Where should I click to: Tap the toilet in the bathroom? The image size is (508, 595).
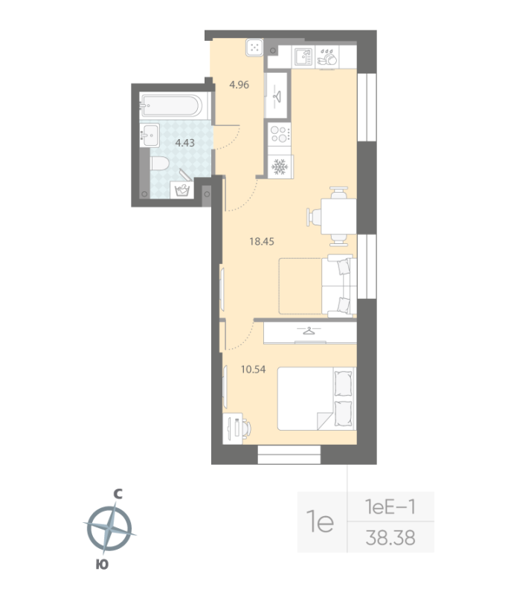(x=160, y=164)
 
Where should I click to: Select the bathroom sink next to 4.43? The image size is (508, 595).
(x=149, y=135)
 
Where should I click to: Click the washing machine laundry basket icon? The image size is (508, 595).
(x=182, y=190)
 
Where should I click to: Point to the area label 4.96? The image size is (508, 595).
(x=239, y=85)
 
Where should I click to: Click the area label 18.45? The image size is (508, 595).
(x=261, y=241)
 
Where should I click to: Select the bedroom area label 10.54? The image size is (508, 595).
(x=253, y=369)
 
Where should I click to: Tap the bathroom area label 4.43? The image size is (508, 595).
(x=184, y=143)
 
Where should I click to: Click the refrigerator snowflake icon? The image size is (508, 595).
(x=280, y=167)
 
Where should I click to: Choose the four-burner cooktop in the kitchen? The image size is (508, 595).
(x=280, y=135)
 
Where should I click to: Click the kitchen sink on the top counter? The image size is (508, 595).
(x=303, y=57)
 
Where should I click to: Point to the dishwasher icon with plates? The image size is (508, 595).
(x=327, y=58)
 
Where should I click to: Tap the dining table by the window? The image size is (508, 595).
(x=338, y=216)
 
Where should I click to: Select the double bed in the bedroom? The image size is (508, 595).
(x=317, y=399)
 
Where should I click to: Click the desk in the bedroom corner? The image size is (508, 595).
(x=233, y=429)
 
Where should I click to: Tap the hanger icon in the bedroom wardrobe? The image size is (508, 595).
(x=309, y=331)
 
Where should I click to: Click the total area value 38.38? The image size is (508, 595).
(x=390, y=538)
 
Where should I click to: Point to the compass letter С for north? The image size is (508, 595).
(x=118, y=494)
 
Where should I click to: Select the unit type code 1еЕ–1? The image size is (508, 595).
(x=390, y=507)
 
